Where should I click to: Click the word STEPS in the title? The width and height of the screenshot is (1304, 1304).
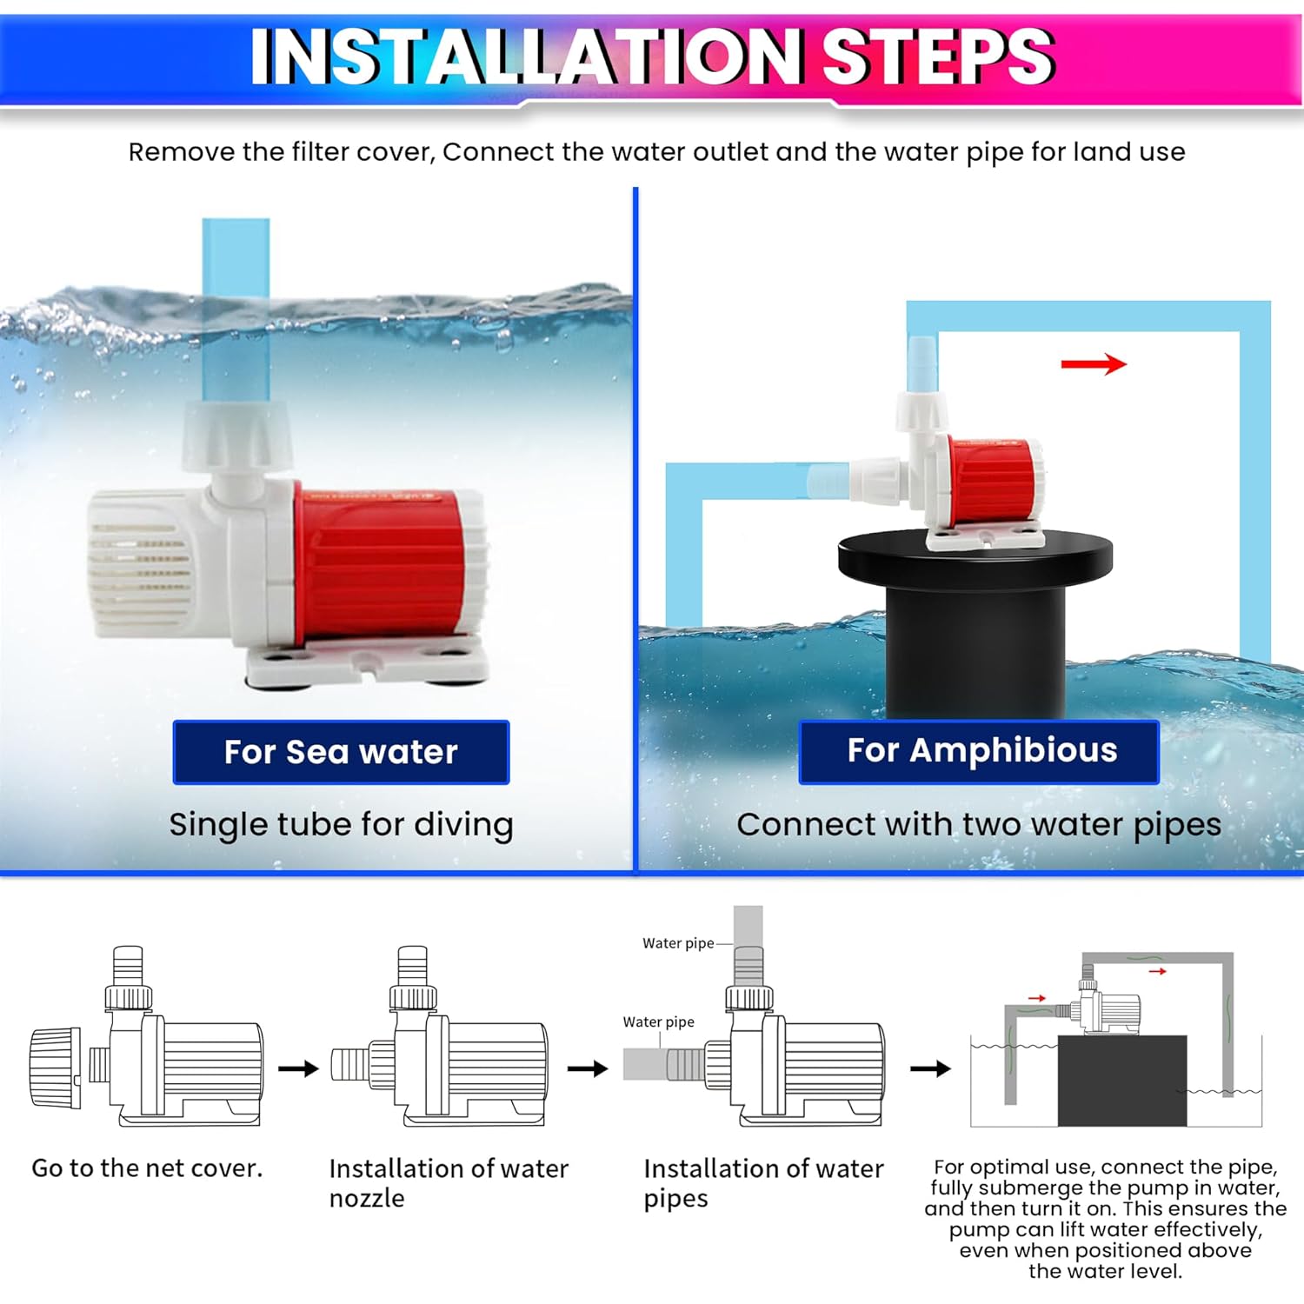938,57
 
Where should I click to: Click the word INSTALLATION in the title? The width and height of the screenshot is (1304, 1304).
525,57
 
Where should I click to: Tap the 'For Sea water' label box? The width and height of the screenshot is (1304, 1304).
341,752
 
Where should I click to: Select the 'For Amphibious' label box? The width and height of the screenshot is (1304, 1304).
979,751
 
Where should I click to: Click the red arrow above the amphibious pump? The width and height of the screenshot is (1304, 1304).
1094,364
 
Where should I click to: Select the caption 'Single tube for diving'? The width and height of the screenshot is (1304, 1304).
341,825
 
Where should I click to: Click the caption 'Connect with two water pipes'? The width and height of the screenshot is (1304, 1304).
979,825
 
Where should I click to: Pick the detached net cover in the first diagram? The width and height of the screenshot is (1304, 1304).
56,1068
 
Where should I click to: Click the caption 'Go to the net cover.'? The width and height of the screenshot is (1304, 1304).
147,1168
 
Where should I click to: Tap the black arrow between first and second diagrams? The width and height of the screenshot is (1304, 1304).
299,1068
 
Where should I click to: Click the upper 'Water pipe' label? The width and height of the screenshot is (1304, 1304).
678,943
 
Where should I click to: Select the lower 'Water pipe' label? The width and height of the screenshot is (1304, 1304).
658,1022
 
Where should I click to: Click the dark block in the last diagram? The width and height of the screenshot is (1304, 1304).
1122,1081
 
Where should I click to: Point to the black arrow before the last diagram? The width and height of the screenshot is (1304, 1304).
931,1068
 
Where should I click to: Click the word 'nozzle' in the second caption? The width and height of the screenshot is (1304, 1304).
367,1199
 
